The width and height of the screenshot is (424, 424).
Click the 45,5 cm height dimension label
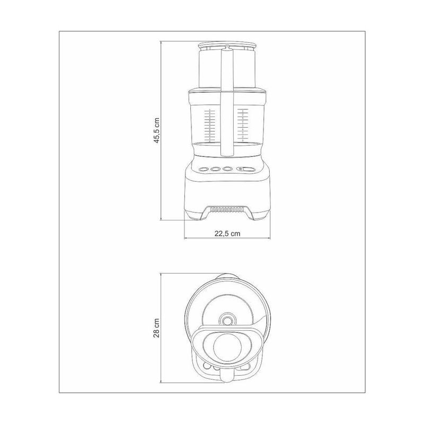pyautogui.click(x=157, y=130)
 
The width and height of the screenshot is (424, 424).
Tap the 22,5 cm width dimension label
pyautogui.click(x=227, y=233)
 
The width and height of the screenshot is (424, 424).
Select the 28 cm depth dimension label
pyautogui.click(x=156, y=328)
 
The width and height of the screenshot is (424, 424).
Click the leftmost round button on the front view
pyautogui.click(x=203, y=169)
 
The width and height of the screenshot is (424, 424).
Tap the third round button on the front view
pyautogui.click(x=228, y=169)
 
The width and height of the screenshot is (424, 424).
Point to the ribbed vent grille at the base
pyautogui.click(x=227, y=209)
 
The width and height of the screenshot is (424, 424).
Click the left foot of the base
pyautogui.click(x=193, y=217)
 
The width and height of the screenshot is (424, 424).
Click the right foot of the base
pyautogui.click(x=261, y=217)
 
